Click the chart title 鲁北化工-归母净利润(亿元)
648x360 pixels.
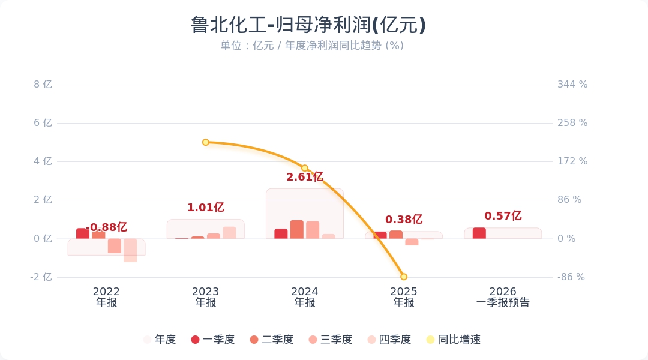point(308,25)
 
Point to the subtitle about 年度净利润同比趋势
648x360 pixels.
point(311,46)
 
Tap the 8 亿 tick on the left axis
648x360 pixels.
point(43,85)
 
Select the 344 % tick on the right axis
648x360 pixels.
point(572,85)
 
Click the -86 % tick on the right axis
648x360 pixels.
point(571,277)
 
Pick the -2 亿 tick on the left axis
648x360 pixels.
point(41,277)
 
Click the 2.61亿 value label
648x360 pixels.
point(305,177)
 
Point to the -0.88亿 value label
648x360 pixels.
point(107,227)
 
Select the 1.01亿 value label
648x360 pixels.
point(206,208)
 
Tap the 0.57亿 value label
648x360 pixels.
point(503,216)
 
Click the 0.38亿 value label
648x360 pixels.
point(404,220)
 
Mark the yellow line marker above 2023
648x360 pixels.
point(206,142)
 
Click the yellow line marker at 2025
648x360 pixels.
point(404,277)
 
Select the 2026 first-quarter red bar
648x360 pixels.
point(479,233)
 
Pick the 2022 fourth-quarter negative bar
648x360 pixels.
point(130,250)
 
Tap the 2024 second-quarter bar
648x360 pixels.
point(297,230)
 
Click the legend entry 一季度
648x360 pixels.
point(212,340)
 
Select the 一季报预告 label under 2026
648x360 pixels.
point(503,303)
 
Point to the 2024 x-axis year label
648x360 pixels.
point(305,292)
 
